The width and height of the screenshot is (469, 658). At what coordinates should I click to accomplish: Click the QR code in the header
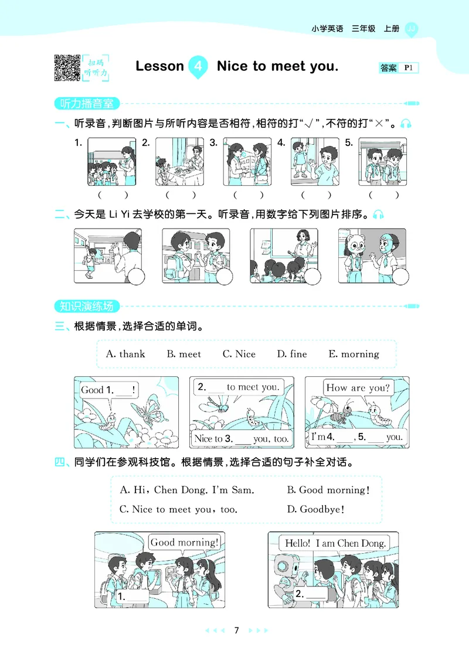pos(67,67)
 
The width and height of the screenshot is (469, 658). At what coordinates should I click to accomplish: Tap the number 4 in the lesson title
pos(198,66)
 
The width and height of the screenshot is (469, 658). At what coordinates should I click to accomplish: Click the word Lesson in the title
pos(159,66)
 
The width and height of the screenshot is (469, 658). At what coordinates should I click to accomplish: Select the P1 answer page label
pos(409,69)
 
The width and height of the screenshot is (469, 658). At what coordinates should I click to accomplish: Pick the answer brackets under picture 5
pos(383,195)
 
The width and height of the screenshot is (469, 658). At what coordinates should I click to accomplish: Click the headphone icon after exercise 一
pos(406,124)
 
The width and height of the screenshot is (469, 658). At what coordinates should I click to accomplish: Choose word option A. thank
pos(125,354)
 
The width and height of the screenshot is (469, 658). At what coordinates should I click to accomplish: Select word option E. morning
pos(354,354)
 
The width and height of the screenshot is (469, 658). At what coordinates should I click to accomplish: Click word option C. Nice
pos(239,354)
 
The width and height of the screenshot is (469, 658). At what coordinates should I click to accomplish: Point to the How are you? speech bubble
pos(358,388)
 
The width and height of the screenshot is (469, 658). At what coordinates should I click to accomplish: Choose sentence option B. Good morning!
pos(328,490)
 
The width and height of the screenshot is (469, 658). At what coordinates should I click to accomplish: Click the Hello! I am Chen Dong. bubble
pos(335,543)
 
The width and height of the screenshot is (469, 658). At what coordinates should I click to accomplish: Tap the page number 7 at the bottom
pos(236,630)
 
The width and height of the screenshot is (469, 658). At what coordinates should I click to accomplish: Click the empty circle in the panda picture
pos(401,277)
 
